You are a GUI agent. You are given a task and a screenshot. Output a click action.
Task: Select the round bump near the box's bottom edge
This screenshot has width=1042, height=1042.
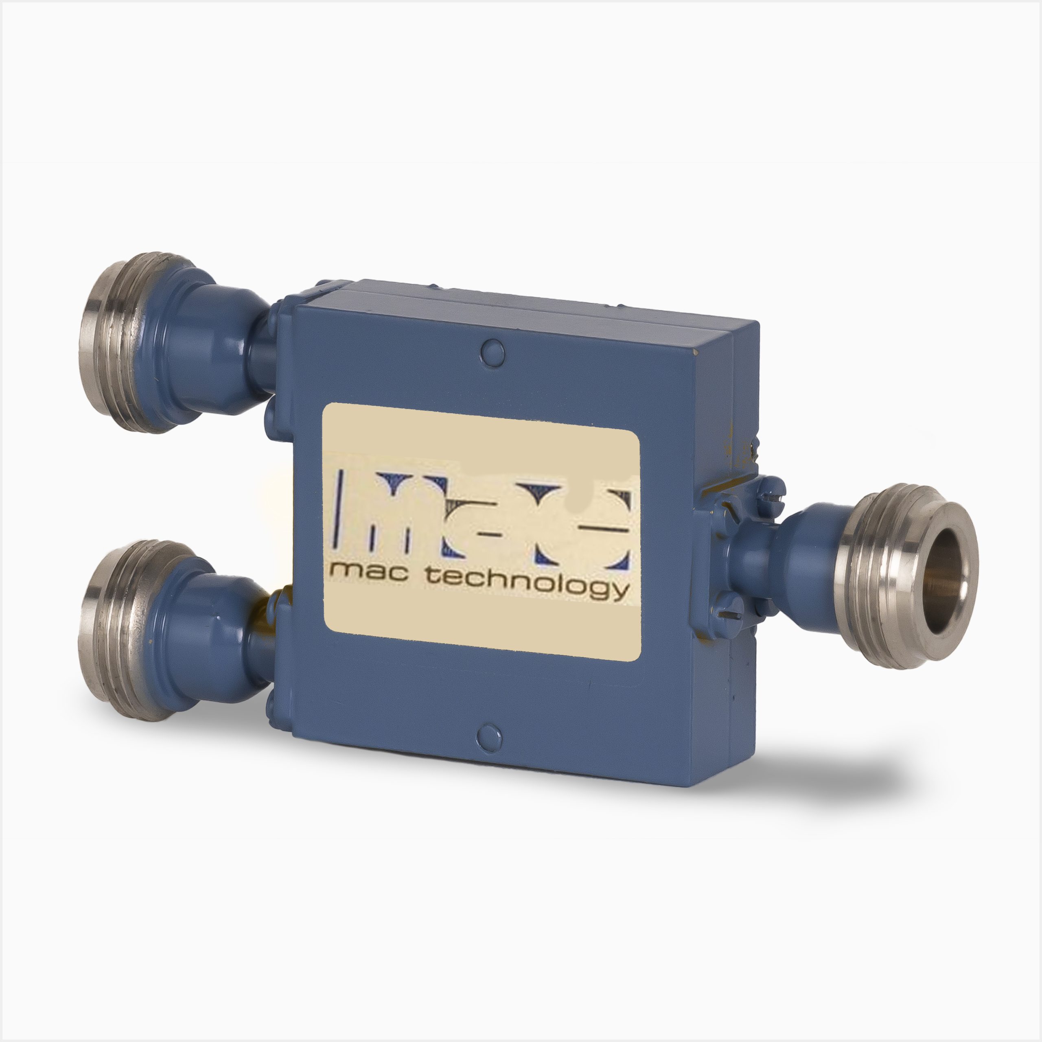490,736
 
